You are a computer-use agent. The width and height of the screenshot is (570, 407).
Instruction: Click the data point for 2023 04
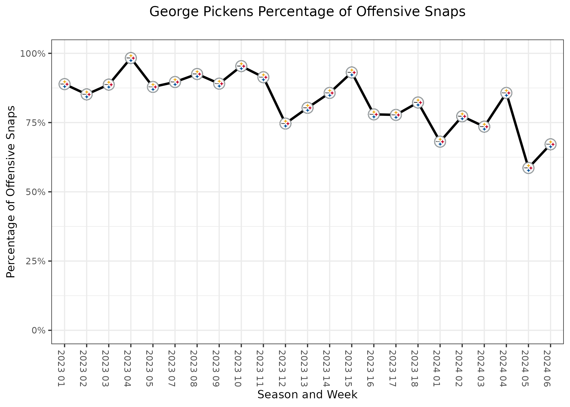point(131,58)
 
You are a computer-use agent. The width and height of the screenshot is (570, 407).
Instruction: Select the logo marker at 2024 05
point(528,168)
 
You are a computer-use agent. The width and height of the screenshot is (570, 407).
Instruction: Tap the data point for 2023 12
point(285,123)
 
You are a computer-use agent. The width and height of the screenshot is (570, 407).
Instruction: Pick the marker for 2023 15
point(351,72)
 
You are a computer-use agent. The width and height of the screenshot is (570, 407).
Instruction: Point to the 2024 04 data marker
point(506,93)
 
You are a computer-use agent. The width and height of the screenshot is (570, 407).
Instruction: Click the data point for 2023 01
point(65,84)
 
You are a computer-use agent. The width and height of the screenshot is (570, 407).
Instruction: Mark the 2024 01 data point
point(440,142)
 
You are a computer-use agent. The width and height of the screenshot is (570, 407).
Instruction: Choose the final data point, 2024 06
point(550,144)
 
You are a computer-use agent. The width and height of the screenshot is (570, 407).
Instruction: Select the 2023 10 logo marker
point(241,66)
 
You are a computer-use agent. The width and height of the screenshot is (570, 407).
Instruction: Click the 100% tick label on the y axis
point(32,54)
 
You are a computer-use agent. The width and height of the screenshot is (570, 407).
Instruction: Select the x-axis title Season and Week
point(307,395)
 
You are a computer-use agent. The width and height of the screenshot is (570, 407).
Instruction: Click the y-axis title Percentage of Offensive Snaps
point(11,192)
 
